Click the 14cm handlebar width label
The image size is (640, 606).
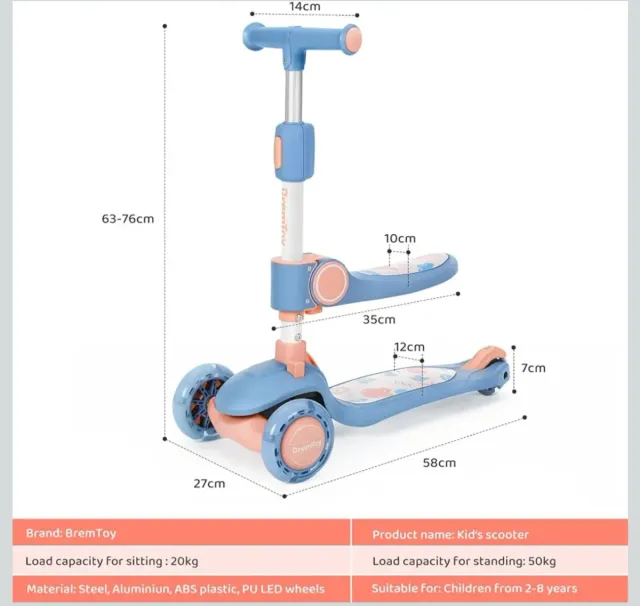coord(305,7)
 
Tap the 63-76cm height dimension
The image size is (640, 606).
coord(129,218)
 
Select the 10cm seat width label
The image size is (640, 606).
coord(400,238)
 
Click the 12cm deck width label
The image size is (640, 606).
coord(408,348)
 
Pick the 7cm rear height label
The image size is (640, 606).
coord(534,368)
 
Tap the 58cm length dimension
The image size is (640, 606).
coord(440,462)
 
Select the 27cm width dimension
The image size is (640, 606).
coord(209,483)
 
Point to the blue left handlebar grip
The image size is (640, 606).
coord(257,37)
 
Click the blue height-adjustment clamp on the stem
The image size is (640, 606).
coord(295,144)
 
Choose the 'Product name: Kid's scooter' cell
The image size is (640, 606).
coord(450,534)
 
